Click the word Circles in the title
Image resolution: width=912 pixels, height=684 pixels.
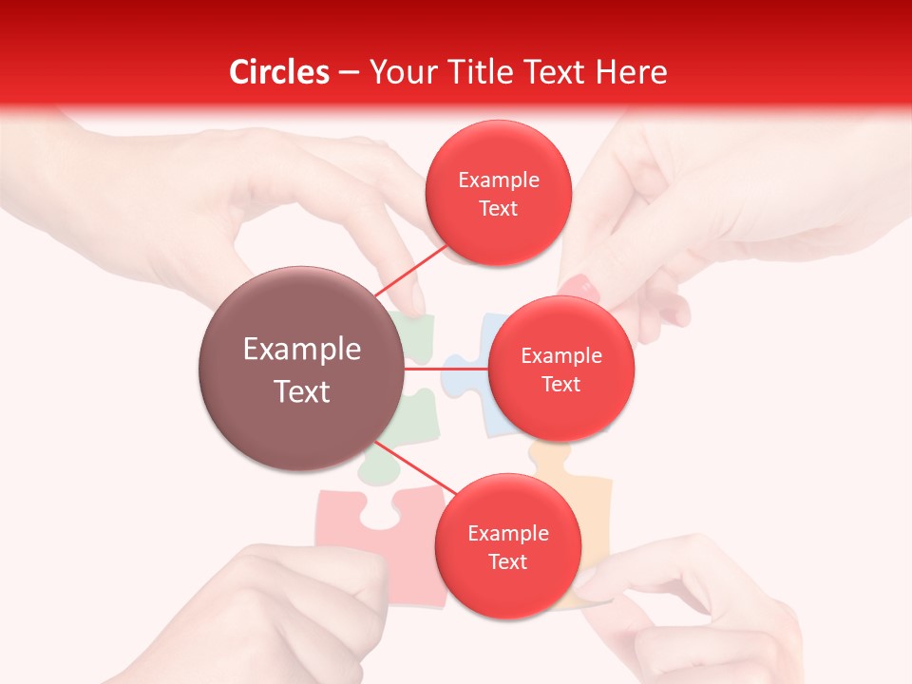point(278,72)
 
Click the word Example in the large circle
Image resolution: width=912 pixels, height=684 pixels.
point(301,350)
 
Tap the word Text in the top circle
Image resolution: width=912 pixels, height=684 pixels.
point(498,209)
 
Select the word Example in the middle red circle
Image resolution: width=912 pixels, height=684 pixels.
point(560,355)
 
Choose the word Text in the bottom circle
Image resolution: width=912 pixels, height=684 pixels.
point(507,561)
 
